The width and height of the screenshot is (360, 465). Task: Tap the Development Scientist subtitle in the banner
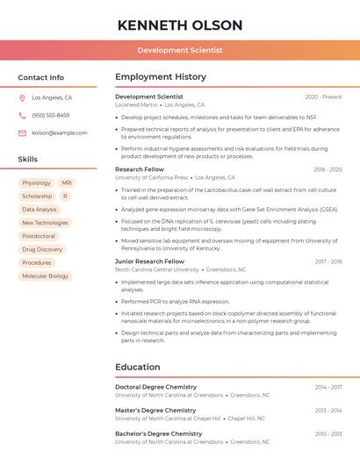point(180,50)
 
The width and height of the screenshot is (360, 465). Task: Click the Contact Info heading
point(41,77)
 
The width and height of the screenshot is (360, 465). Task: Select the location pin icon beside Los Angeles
point(22,97)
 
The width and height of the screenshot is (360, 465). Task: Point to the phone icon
point(22,115)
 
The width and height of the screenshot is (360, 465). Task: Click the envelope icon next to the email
point(22,132)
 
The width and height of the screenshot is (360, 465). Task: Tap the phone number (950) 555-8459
point(51,115)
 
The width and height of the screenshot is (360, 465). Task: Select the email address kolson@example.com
point(60,132)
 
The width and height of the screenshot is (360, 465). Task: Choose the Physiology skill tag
point(37,183)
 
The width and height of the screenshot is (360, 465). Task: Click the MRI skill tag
point(67,183)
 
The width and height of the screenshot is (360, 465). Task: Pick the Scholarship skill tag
point(37,197)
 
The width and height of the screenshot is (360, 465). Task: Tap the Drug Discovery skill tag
point(42,249)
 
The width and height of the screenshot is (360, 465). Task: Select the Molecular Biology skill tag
point(45,275)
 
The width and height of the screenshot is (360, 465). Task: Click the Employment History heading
point(161,77)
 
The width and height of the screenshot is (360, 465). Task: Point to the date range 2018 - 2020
point(328,169)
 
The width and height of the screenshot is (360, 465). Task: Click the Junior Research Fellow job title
point(149,261)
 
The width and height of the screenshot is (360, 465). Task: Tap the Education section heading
point(139,367)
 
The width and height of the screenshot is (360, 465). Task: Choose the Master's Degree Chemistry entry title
point(155,410)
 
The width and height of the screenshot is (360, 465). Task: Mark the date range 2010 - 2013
point(328,433)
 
